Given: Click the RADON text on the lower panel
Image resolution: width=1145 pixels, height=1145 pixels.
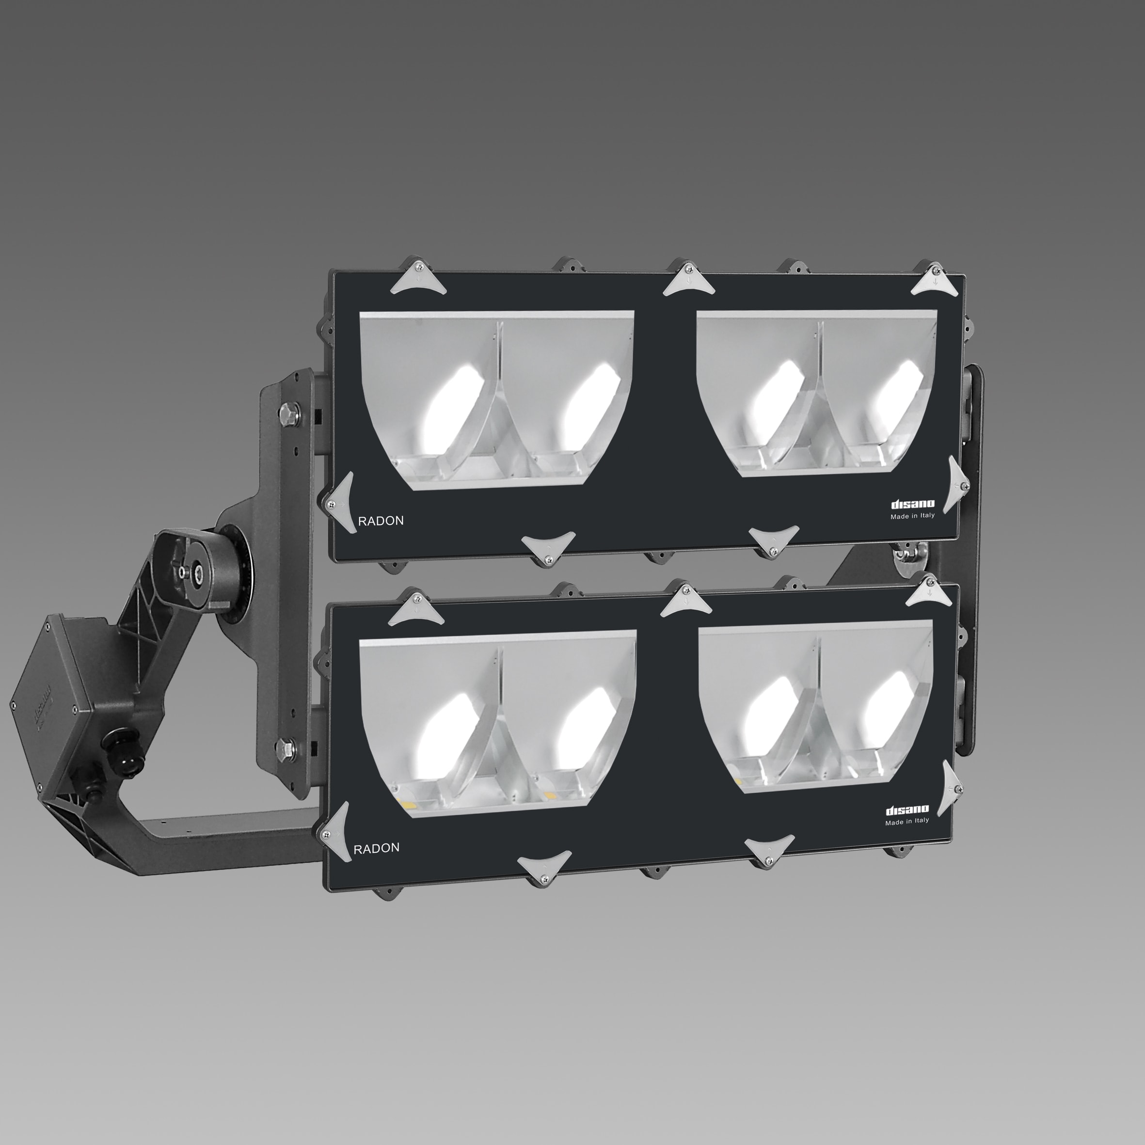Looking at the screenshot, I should pyautogui.click(x=376, y=847).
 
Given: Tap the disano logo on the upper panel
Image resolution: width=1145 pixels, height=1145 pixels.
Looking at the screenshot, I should pyautogui.click(x=913, y=504).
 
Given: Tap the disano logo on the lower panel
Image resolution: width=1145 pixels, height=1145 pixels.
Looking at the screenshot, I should pyautogui.click(x=907, y=810).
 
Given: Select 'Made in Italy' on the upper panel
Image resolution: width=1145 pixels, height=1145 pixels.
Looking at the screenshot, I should pyautogui.click(x=913, y=516).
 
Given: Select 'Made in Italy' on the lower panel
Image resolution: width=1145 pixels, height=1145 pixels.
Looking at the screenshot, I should pyautogui.click(x=907, y=821).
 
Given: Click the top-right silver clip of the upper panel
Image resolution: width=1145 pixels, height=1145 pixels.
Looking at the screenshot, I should pyautogui.click(x=933, y=281).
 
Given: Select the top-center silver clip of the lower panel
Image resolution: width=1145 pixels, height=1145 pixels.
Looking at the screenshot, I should pyautogui.click(x=686, y=601).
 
